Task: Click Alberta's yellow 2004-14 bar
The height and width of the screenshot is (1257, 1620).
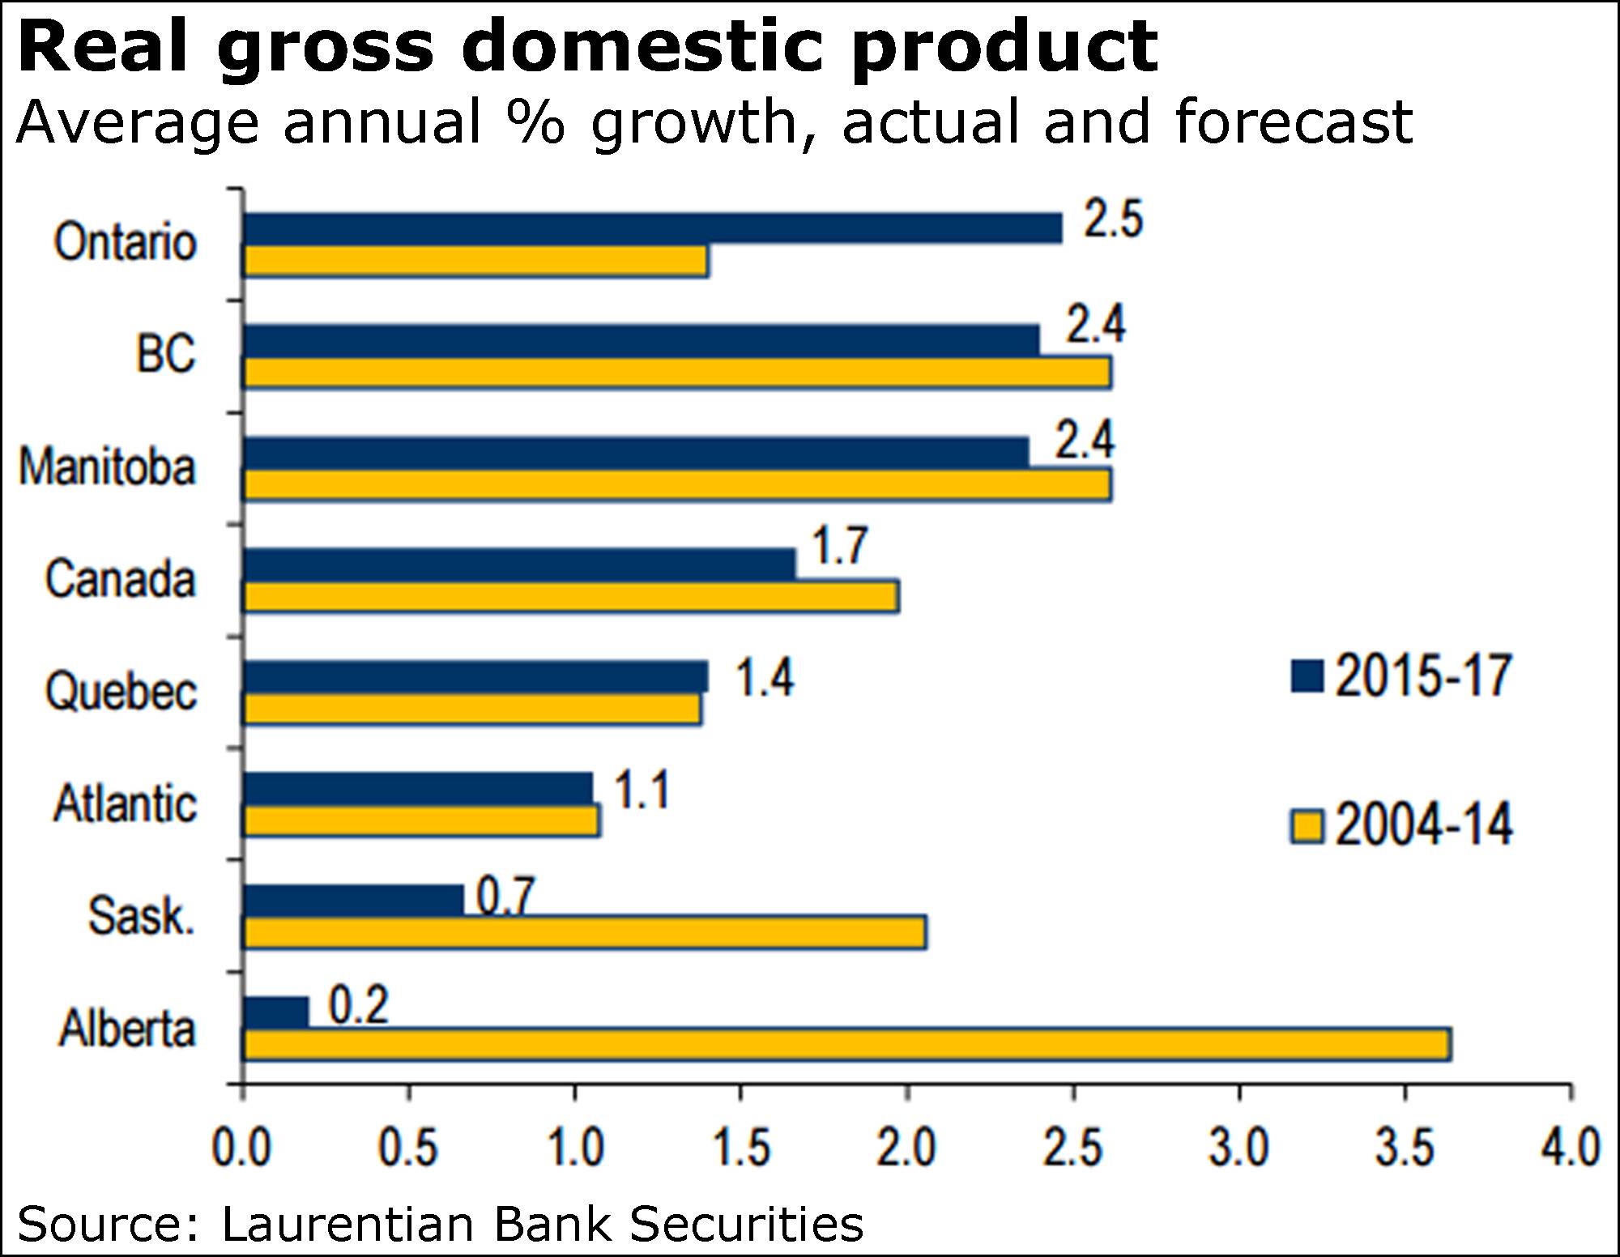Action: [846, 1044]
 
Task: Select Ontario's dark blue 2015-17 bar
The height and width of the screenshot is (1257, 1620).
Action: [652, 228]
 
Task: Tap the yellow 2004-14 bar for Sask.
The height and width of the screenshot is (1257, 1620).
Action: [585, 932]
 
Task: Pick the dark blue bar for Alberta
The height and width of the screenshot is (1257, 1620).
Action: [276, 1012]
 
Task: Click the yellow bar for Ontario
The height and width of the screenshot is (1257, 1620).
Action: [476, 262]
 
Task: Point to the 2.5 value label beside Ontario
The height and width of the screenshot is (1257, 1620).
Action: [1113, 219]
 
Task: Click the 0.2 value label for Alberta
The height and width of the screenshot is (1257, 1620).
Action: [359, 1005]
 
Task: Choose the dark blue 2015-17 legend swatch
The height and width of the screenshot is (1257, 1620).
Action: [1307, 676]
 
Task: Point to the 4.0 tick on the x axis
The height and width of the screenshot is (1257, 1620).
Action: [1570, 1148]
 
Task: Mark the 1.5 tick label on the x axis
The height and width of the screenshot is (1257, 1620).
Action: [740, 1148]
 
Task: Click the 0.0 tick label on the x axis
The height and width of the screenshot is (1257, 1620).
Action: [241, 1148]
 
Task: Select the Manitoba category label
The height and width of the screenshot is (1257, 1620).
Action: [108, 468]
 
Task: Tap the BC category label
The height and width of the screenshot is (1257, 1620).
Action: [166, 354]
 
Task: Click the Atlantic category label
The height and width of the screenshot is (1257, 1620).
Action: [125, 804]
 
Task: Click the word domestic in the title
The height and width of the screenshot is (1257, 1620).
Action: [644, 47]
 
